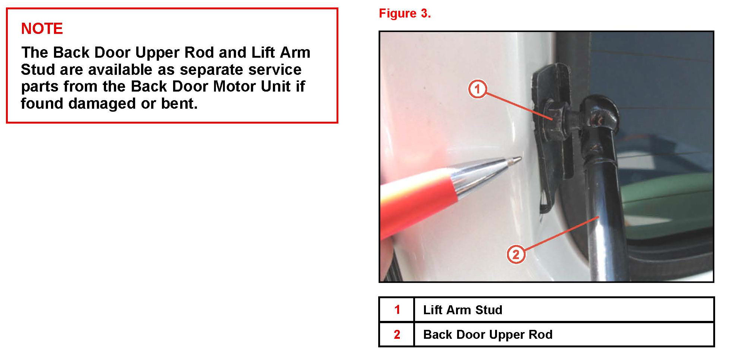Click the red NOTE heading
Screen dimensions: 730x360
point(42,29)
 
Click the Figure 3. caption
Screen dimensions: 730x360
point(405,13)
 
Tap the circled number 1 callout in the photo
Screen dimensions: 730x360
point(477,89)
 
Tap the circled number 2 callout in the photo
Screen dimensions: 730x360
point(516,254)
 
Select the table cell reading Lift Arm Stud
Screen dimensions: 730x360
point(463,310)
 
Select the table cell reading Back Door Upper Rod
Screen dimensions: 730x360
point(488,334)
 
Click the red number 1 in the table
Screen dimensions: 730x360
point(397,310)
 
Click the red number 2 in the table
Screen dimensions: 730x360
point(397,334)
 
